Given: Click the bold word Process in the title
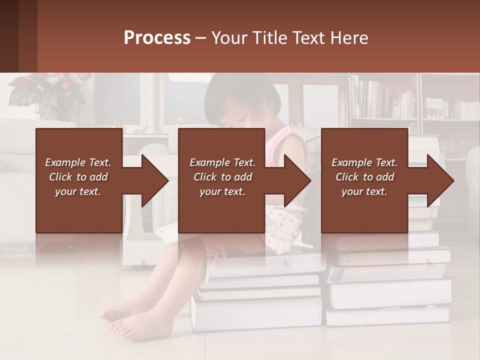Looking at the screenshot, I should tap(157, 38).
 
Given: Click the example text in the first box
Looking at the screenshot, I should tap(78, 177).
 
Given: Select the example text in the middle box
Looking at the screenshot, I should tap(222, 177).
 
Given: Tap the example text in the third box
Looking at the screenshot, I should tap(364, 177).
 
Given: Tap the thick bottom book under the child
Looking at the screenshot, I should tap(256, 312).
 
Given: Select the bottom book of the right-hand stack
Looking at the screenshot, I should tap(387, 316).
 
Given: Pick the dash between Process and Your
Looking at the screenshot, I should tap(201, 38).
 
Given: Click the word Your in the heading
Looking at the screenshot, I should tap(228, 38).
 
